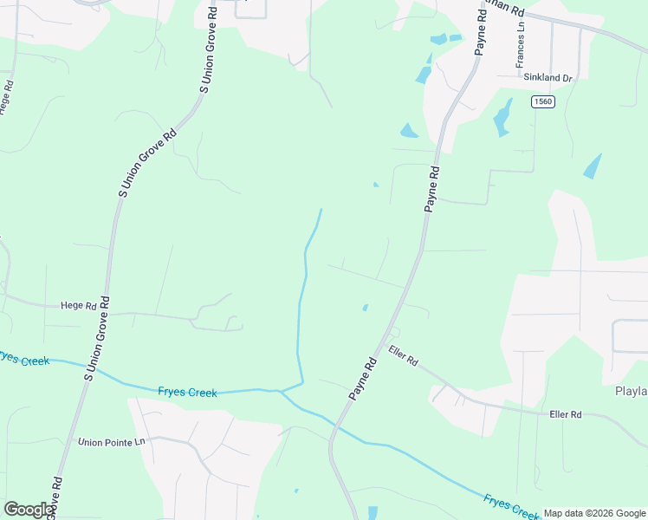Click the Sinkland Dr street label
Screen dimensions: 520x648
coord(548,77)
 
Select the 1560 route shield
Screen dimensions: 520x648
coord(543,101)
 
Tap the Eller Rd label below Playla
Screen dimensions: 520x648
coord(565,415)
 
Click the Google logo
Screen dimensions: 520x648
coord(29,510)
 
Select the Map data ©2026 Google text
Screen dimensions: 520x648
coord(594,513)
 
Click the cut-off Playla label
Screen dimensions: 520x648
coord(631,391)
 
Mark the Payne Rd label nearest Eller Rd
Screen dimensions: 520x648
coord(364,379)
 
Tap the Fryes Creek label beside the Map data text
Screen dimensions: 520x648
coord(512,505)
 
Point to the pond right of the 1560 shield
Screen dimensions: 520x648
coord(592,166)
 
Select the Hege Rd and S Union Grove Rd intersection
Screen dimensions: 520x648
coord(104,310)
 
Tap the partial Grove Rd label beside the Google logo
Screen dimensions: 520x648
coord(56,496)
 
